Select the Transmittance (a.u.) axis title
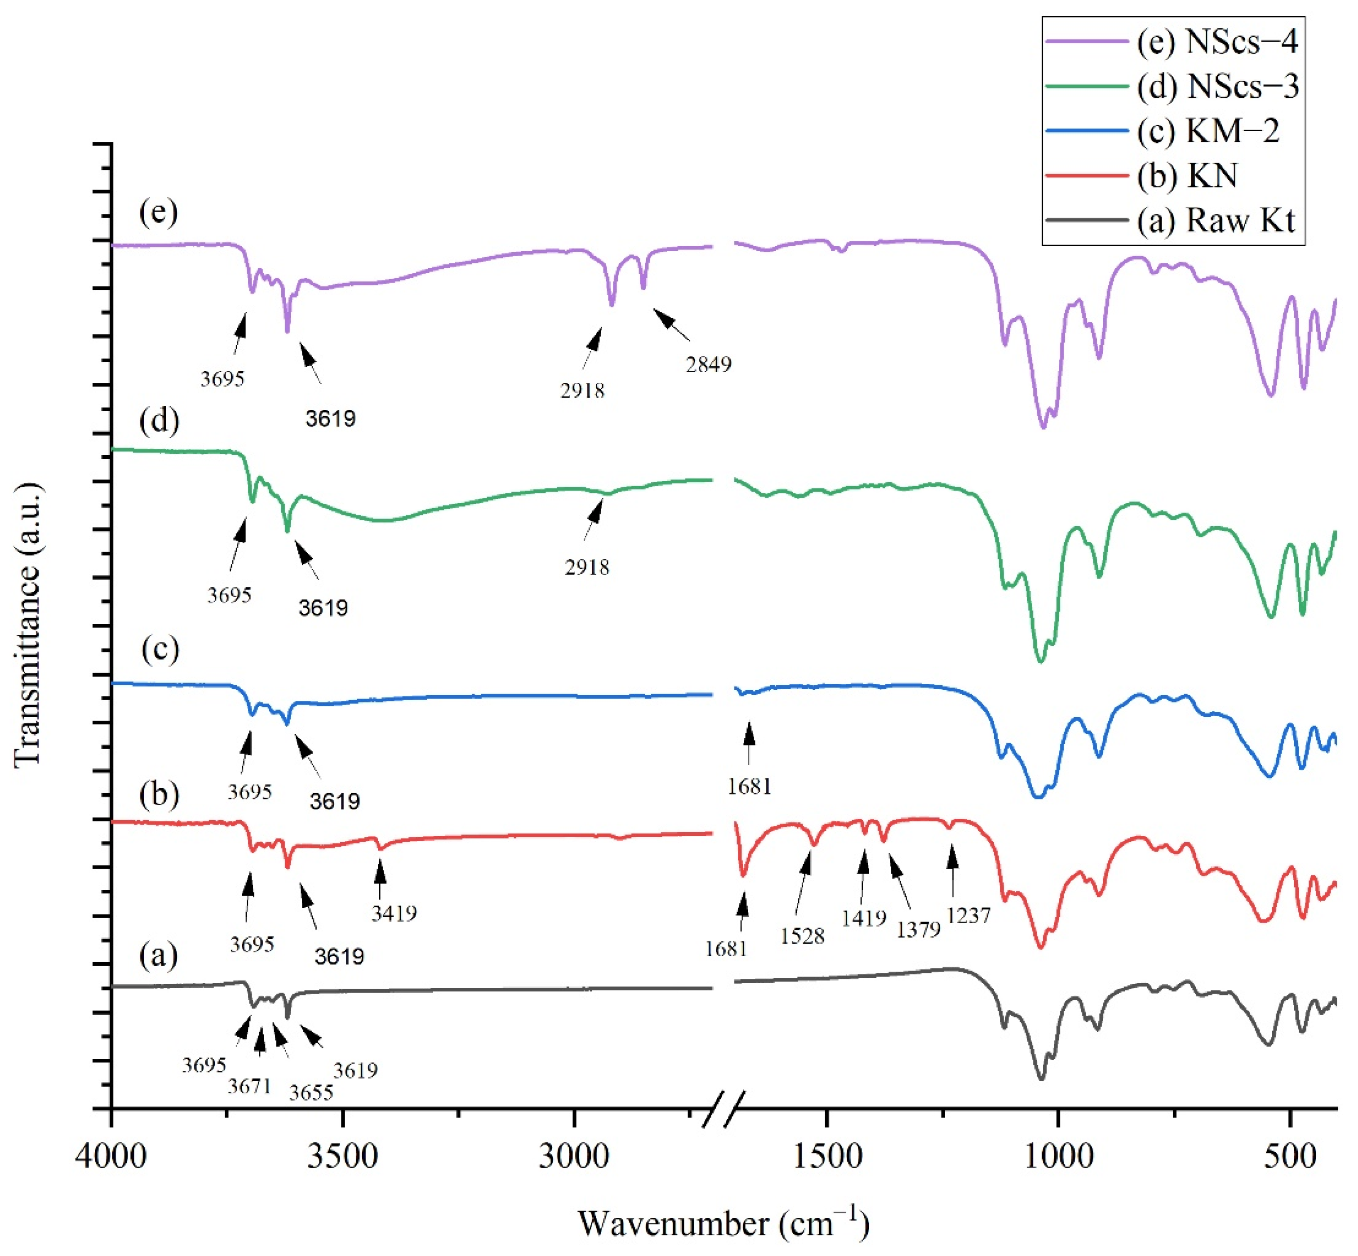[x=29, y=624]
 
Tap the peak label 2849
[x=708, y=365]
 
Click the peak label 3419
[x=394, y=913]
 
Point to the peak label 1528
[x=802, y=936]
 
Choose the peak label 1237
[x=968, y=915]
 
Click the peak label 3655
[x=311, y=1092]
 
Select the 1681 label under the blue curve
[x=749, y=786]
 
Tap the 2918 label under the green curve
[x=586, y=567]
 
